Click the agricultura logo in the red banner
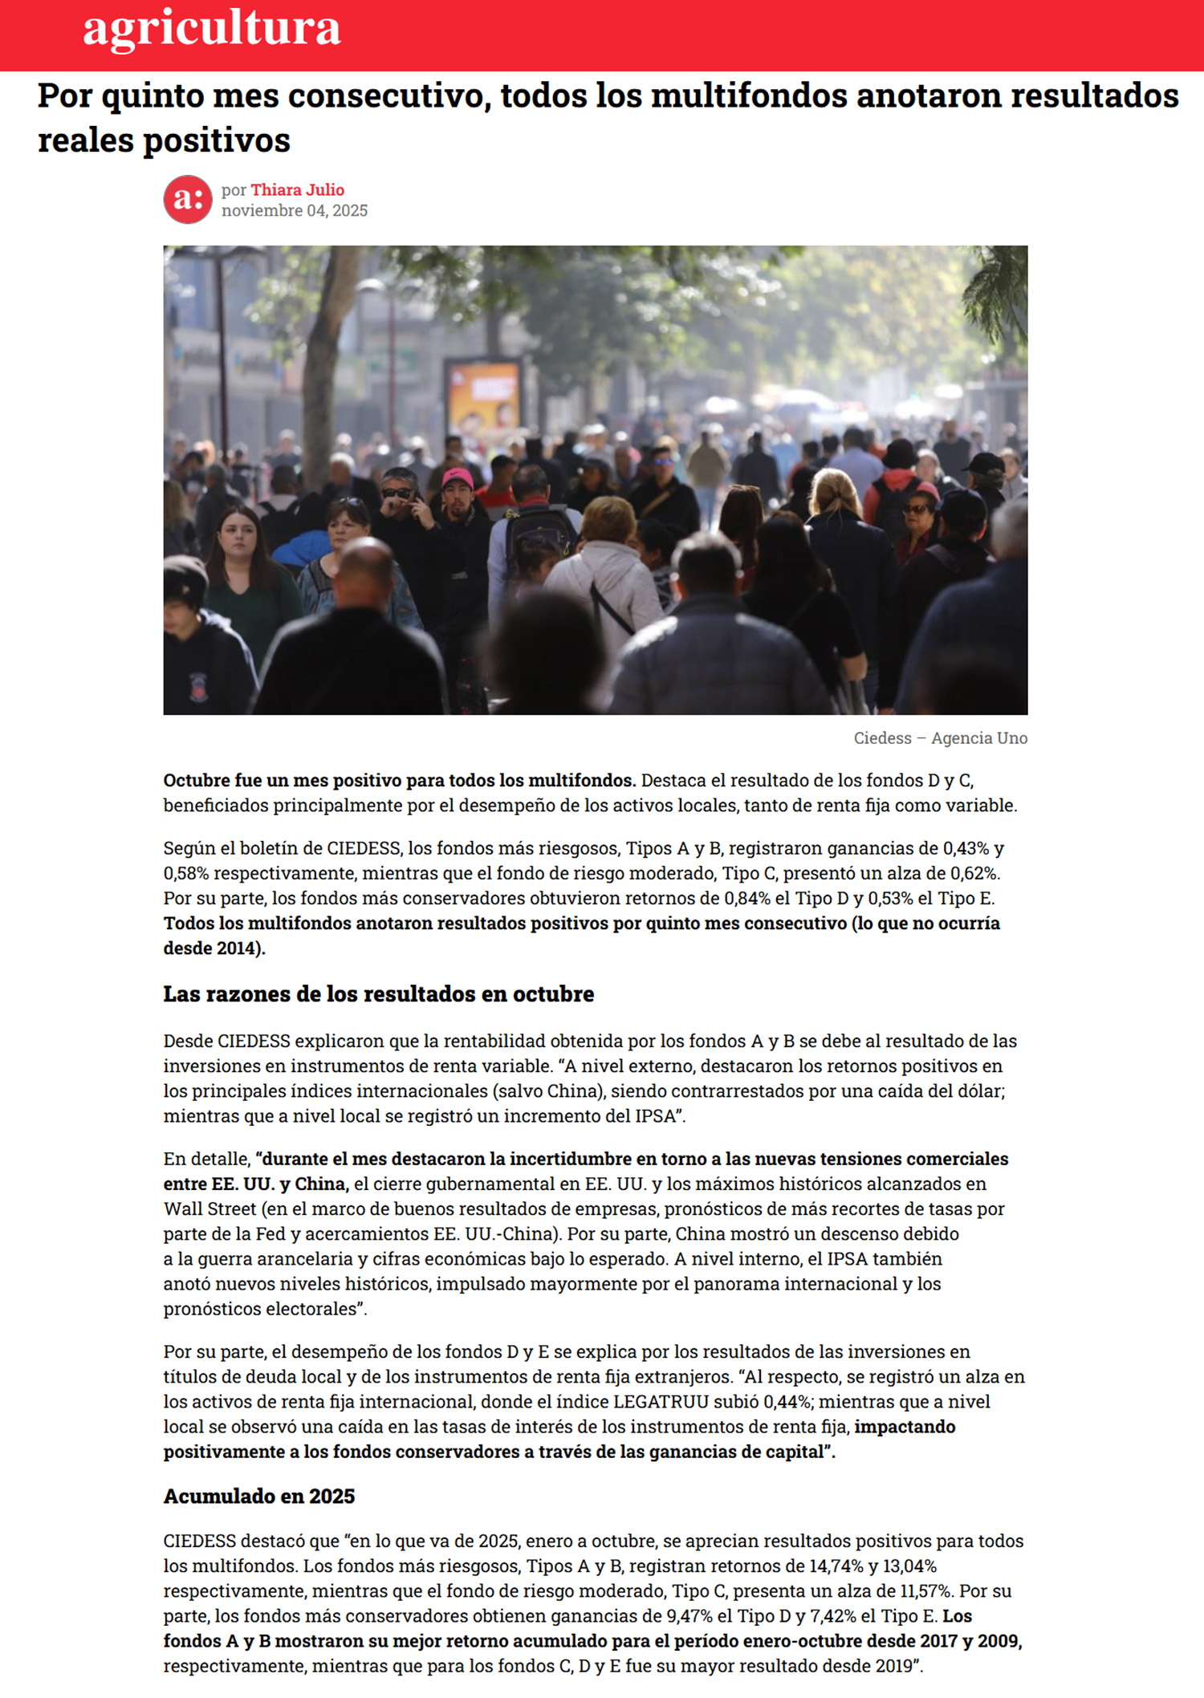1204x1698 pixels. (212, 28)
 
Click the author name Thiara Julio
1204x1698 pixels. (297, 190)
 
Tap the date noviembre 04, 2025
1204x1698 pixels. (295, 211)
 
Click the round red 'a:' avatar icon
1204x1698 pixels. (188, 200)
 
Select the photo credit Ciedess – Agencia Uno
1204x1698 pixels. (940, 738)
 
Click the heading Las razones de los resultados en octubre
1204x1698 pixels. (379, 994)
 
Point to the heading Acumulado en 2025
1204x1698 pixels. (259, 1497)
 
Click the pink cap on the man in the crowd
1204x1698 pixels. (457, 478)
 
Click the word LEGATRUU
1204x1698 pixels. (661, 1402)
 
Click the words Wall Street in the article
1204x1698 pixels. (209, 1209)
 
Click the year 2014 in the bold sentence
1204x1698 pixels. (239, 949)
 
